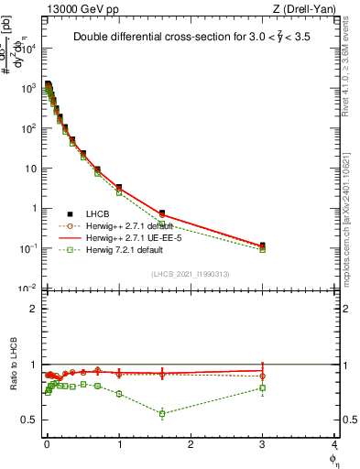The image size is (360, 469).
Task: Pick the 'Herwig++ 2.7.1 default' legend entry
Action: (128, 225)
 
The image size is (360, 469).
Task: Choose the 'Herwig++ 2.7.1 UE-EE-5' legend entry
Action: (129, 237)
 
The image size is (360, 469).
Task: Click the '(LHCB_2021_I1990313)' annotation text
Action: (191, 273)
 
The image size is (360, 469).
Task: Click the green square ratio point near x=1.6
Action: (162, 413)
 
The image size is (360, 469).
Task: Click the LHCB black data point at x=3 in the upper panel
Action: (263, 245)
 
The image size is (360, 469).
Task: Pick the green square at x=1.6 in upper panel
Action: (162, 224)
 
